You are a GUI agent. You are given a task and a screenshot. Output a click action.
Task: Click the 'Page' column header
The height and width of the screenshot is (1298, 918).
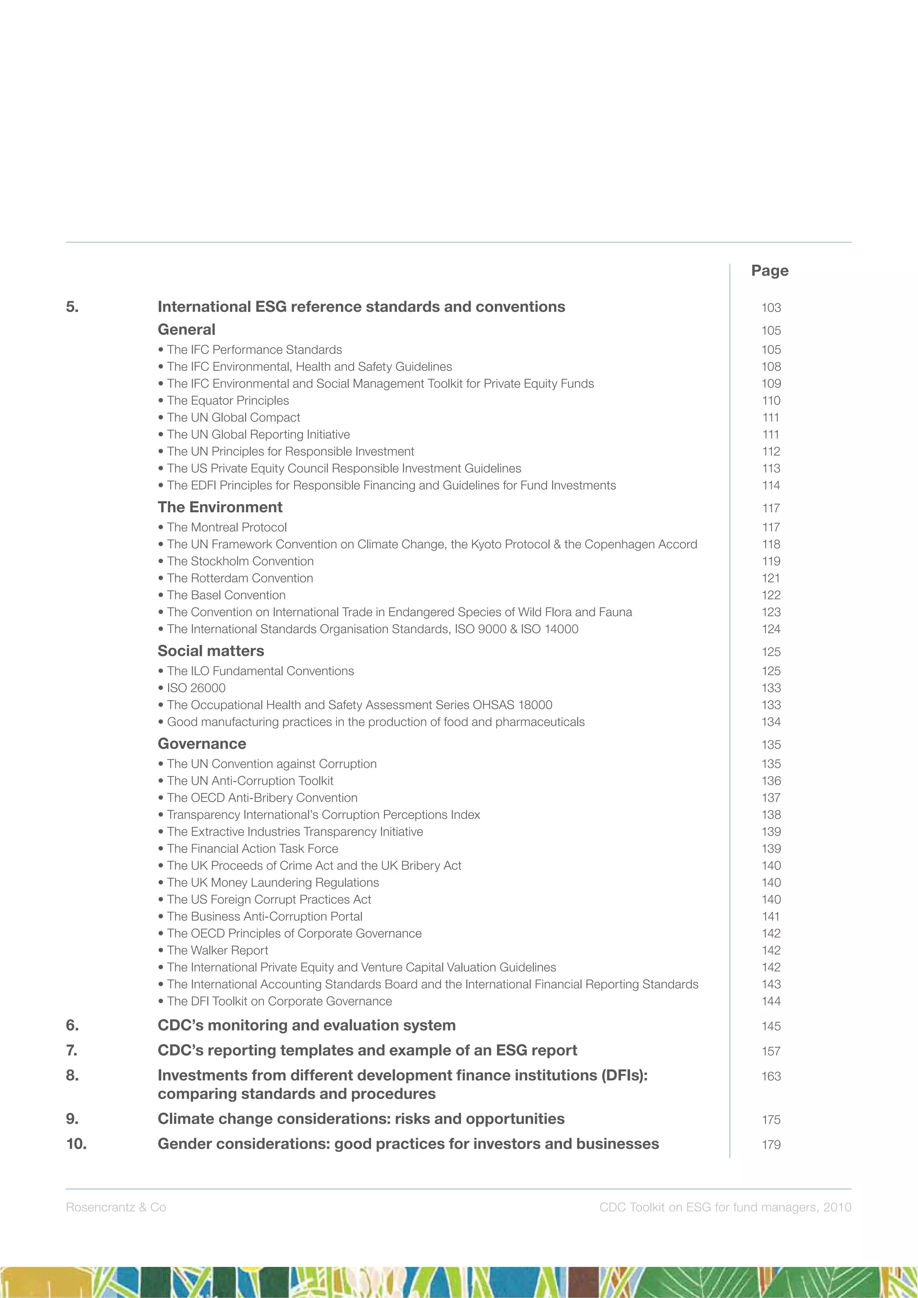[769, 271]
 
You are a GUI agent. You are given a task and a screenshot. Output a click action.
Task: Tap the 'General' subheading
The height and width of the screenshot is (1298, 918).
[186, 330]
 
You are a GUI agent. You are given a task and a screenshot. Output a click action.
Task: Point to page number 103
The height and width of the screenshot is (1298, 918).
[771, 308]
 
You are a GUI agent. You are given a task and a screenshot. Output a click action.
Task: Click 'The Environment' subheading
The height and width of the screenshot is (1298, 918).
[220, 507]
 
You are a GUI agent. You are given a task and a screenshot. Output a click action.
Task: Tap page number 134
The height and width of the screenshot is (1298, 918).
[771, 722]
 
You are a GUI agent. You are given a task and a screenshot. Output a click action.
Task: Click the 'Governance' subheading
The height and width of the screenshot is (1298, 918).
[202, 743]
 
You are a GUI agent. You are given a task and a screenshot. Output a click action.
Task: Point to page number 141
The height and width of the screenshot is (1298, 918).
[771, 916]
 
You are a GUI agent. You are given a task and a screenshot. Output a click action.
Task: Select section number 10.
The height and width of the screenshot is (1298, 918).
[76, 1144]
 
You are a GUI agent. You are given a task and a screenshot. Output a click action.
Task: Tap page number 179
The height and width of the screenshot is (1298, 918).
[771, 1145]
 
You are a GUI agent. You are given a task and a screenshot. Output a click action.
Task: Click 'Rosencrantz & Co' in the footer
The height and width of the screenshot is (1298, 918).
[116, 1207]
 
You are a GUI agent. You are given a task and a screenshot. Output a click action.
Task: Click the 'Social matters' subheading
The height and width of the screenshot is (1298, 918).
[210, 651]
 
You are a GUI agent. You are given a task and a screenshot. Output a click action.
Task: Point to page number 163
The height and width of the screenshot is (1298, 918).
[771, 1076]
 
